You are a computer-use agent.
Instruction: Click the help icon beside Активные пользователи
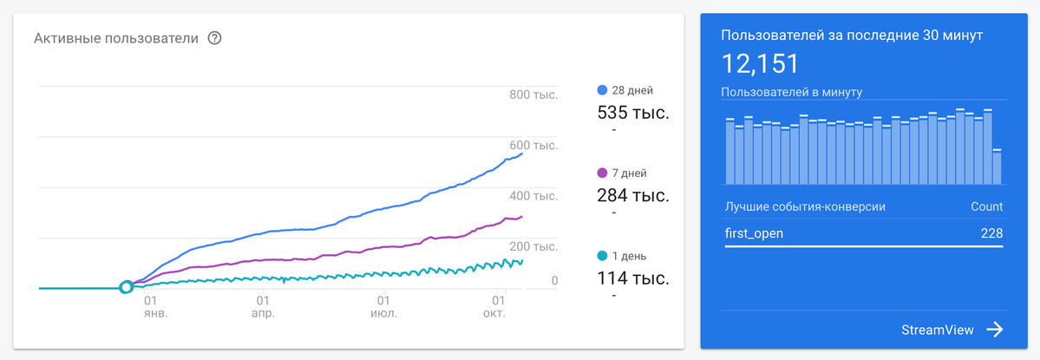[214, 38]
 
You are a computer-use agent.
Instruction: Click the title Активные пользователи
[116, 38]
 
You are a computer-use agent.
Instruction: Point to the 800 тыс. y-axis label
[534, 95]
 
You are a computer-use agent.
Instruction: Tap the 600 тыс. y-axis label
[534, 145]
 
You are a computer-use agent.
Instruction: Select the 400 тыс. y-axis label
[534, 195]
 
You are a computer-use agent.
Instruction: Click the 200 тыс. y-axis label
[534, 246]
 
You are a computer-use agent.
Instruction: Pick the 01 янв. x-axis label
[156, 306]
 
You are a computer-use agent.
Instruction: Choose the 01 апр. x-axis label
[264, 306]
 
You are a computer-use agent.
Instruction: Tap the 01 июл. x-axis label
[383, 306]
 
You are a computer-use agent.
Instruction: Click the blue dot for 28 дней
[602, 90]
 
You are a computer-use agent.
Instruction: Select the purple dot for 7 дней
[602, 173]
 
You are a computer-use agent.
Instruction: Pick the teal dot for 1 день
[602, 256]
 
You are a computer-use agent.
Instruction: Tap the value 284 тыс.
[633, 195]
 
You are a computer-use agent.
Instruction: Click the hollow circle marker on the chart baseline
[126, 287]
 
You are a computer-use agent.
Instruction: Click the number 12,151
[760, 63]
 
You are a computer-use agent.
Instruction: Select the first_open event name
[755, 233]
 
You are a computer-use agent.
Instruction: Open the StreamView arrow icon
[995, 330]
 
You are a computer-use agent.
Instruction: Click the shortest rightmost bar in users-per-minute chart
[997, 167]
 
